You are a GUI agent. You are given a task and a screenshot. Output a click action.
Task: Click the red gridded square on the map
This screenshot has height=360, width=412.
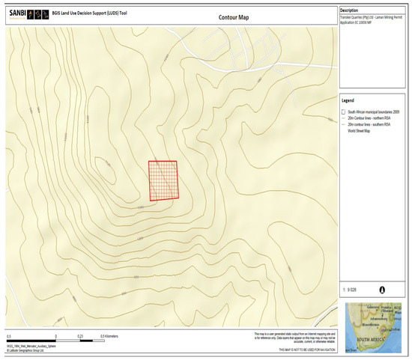[x=163, y=180]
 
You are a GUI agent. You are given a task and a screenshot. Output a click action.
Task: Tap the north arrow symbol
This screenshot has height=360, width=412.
[x=384, y=287]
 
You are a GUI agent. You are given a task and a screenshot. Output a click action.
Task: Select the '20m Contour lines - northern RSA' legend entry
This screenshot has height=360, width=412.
[x=371, y=118]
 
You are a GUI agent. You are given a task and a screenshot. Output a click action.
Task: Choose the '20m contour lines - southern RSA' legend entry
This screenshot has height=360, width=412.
[x=371, y=124]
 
